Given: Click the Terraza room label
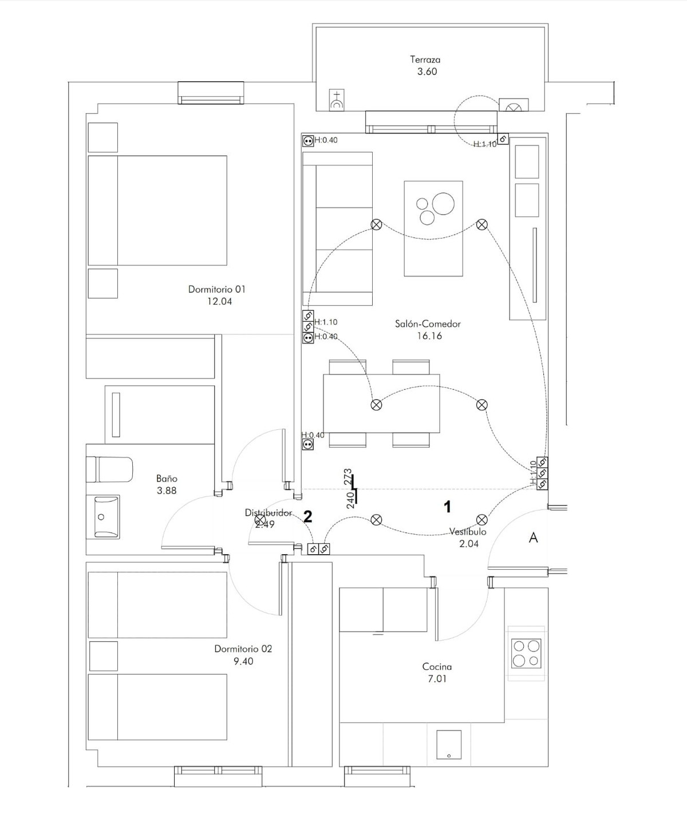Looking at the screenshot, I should (425, 60).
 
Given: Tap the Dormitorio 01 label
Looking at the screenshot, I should (216, 289).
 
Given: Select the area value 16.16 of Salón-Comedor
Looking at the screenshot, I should (429, 336).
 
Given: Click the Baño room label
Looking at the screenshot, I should (167, 478).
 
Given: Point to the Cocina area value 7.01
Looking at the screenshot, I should (437, 679).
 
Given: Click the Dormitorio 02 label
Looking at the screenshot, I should (243, 649).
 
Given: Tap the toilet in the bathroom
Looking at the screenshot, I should (110, 469).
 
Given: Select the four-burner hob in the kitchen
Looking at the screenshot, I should (526, 653).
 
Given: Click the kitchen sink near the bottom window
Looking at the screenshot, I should (449, 745).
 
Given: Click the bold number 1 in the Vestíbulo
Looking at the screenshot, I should (448, 507).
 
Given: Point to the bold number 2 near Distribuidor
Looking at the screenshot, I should (307, 517).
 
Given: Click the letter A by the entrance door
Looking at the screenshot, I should (533, 538).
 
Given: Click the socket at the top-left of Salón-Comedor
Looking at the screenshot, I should (308, 140).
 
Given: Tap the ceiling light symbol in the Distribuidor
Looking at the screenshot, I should (260, 519).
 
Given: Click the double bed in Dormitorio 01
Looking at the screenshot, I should (157, 210).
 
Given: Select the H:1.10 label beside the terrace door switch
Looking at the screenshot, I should (484, 144).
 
